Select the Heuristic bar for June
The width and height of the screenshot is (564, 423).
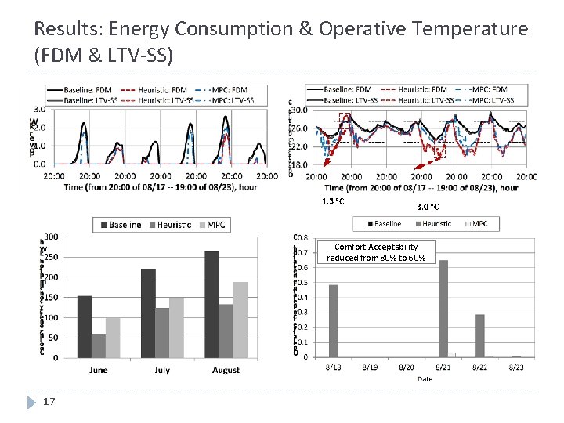tap(99, 345)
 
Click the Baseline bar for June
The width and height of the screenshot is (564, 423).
tap(85, 326)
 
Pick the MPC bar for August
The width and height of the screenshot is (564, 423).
tap(240, 320)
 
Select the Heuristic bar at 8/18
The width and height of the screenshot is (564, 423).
tap(333, 320)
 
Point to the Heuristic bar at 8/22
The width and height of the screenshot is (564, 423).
tap(479, 335)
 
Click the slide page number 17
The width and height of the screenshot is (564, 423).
tap(49, 402)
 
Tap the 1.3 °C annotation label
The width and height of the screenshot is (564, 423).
tap(333, 202)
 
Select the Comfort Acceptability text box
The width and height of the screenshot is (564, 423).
tap(376, 252)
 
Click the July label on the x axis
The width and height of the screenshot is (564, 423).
tap(162, 370)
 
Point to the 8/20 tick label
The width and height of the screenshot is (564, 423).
tap(407, 367)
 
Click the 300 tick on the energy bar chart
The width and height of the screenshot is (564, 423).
tap(49, 237)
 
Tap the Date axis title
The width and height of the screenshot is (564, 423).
tap(424, 378)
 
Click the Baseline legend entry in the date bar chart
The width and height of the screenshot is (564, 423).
tap(383, 224)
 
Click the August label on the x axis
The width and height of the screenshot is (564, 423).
tap(226, 370)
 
